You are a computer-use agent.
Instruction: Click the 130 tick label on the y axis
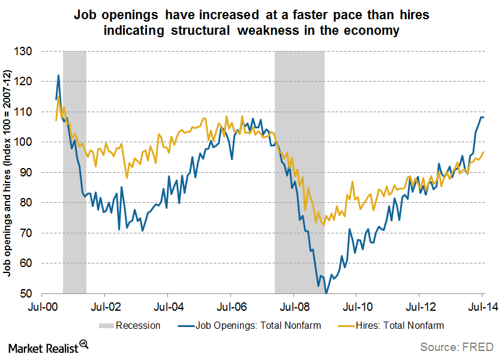point(26,52)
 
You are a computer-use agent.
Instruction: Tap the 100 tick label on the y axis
point(26,142)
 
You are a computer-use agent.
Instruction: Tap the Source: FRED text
point(457,346)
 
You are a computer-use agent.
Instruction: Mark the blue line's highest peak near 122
point(59,76)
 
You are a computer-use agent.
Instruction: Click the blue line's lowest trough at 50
point(326,293)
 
